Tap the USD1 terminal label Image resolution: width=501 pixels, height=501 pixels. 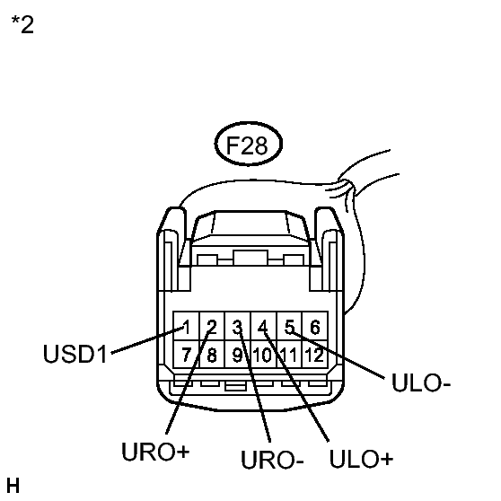pos(75,354)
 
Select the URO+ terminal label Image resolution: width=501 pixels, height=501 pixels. pos(155,452)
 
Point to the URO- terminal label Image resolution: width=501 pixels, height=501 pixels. pos(272,460)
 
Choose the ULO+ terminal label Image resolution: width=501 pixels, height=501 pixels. pos(361,459)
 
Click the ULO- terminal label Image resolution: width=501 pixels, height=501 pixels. pos(421,382)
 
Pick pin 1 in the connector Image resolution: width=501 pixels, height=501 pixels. pos(186,326)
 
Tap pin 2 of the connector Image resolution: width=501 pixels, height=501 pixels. pos(212,326)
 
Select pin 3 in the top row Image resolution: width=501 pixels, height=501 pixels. pos(238,326)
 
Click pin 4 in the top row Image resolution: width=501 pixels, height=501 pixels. pos(264,326)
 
